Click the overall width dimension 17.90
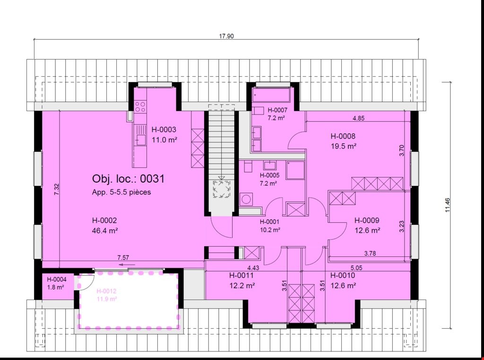pyautogui.click(x=226, y=36)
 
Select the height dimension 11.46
pyautogui.click(x=448, y=205)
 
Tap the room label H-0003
pyautogui.click(x=164, y=130)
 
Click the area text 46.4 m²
pyautogui.click(x=105, y=230)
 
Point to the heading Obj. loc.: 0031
pyautogui.click(x=129, y=179)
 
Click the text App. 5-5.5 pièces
pyautogui.click(x=121, y=192)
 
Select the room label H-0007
pyautogui.click(x=277, y=110)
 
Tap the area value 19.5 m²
pyautogui.click(x=344, y=146)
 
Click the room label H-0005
pyautogui.click(x=269, y=176)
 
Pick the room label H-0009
pyautogui.click(x=367, y=220)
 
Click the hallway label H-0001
pyautogui.click(x=269, y=221)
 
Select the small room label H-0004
pyautogui.click(x=57, y=280)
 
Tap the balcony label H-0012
pyautogui.click(x=106, y=291)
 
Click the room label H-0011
pyautogui.click(x=242, y=275)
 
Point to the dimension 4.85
pyautogui.click(x=358, y=118)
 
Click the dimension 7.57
pyautogui.click(x=123, y=258)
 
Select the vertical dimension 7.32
pyautogui.click(x=57, y=189)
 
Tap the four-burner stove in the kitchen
pyautogui.click(x=140, y=106)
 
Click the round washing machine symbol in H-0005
pyautogui.click(x=246, y=200)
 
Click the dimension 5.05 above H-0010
pyautogui.click(x=356, y=268)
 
